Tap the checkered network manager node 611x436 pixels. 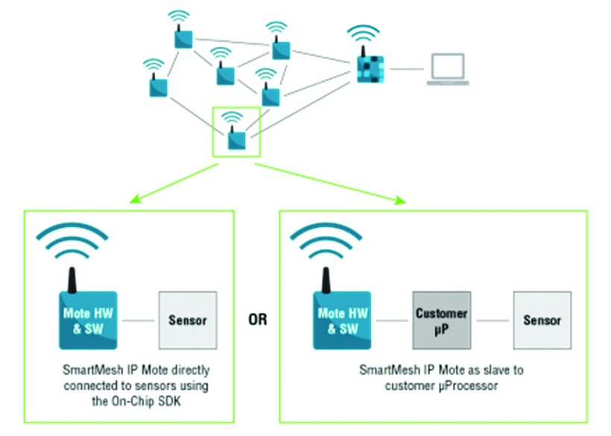pos(369,68)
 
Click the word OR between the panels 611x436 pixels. pos(256,320)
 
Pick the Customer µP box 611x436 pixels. pos(442,320)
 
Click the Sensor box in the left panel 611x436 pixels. pos(187,320)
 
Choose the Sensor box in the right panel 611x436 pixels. pos(542,320)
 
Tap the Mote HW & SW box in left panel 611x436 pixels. pos(88,320)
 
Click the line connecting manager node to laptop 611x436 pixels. pos(405,69)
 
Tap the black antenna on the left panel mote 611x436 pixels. pos(73,278)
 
